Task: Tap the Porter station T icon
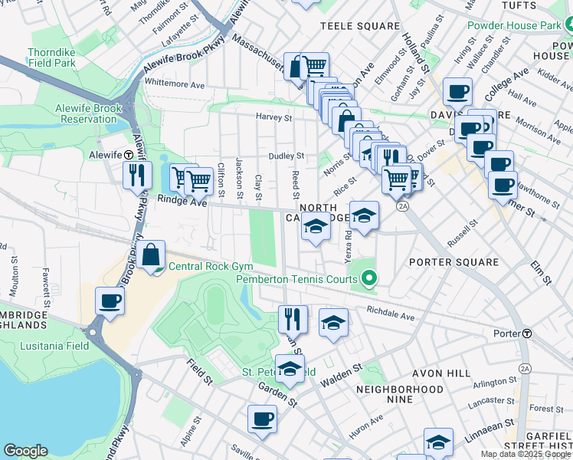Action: coord(527,333)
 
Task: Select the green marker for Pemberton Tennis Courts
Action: coord(371,279)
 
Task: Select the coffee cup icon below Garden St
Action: coord(262,419)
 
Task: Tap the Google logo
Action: coord(25,451)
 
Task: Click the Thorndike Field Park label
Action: coord(51,58)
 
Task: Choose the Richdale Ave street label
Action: coord(390,314)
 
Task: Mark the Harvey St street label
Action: coord(273,118)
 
